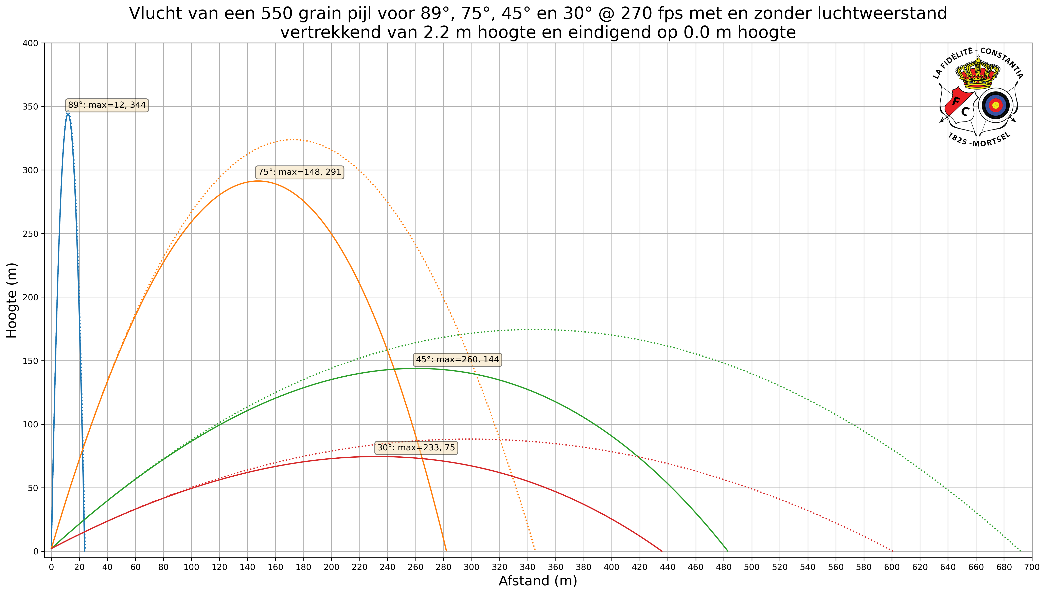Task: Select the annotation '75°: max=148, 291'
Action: (x=299, y=172)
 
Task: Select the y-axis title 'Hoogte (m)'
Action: (x=12, y=300)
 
